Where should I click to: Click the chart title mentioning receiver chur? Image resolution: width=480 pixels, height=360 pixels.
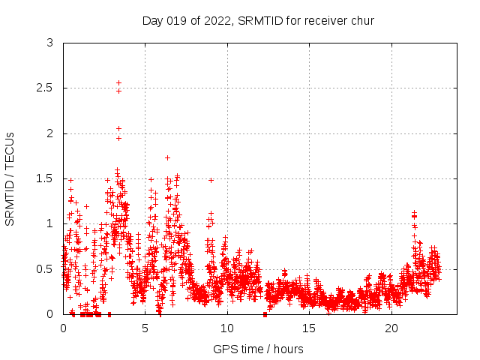258,20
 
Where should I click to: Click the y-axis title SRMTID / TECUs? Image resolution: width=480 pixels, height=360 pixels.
10,178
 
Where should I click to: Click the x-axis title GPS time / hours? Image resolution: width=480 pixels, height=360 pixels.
258,349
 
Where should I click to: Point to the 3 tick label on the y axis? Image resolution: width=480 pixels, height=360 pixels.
49,43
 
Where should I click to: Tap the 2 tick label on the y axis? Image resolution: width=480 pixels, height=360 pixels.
49,133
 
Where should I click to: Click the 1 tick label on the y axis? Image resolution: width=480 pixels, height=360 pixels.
49,223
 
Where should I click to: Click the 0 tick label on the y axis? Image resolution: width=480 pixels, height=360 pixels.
49,313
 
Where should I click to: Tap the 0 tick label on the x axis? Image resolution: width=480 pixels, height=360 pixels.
63,328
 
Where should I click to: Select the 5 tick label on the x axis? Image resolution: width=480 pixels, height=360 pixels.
145,328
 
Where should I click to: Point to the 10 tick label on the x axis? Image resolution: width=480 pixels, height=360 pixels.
227,328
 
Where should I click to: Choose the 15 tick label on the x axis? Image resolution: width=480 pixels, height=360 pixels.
309,328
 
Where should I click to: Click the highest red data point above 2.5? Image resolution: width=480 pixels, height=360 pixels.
118,82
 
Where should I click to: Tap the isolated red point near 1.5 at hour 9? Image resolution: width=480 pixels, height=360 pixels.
211,180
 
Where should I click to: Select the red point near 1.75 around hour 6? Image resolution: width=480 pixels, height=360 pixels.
167,157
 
